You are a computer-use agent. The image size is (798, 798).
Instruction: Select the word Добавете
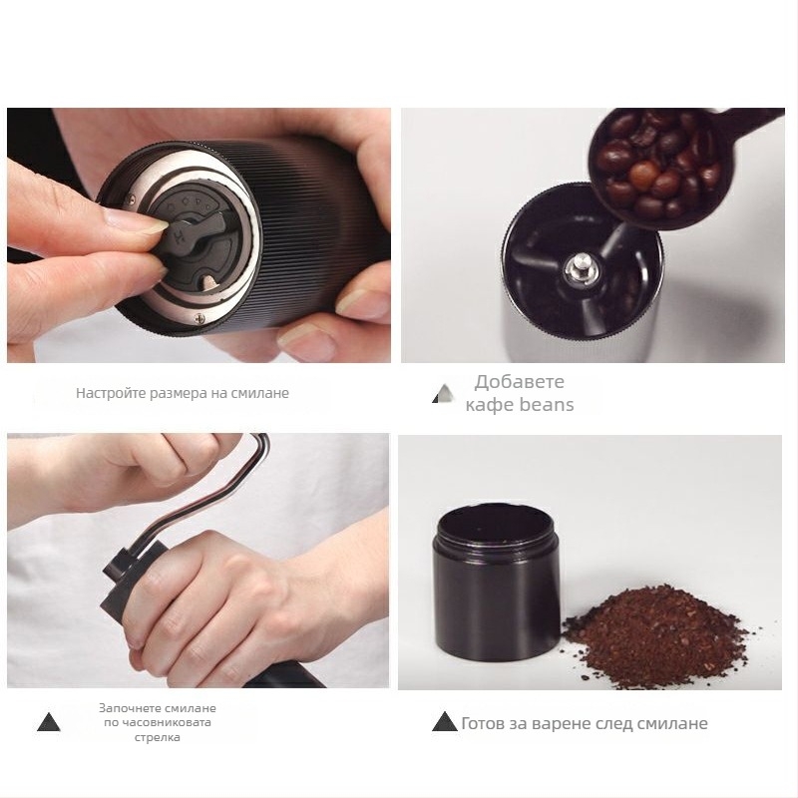tap(519, 382)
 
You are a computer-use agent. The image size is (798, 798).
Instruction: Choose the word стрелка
tap(158, 737)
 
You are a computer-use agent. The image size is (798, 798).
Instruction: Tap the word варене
tap(564, 724)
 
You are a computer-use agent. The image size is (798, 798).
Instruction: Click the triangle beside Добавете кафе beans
tap(444, 393)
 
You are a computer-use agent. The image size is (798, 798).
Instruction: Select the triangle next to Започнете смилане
tap(49, 722)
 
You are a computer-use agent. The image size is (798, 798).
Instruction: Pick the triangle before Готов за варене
tap(444, 721)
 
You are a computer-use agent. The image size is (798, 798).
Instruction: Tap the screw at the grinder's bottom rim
tap(199, 318)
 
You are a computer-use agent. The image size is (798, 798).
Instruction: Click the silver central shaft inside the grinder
tap(580, 265)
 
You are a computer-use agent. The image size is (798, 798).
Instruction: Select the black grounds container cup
tap(497, 582)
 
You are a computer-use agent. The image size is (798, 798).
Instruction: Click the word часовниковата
tap(158, 722)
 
